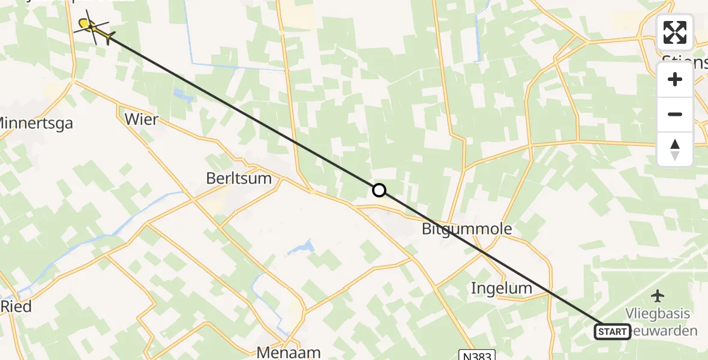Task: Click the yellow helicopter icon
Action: pos(93,28)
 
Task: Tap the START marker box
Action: pos(612,331)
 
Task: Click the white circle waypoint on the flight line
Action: pos(379,190)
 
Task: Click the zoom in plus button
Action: pos(675,79)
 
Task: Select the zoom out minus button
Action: pos(675,114)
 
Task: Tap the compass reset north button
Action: pos(675,149)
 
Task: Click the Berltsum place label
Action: pos(239,178)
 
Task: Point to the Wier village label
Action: pos(142,119)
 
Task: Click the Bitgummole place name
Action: pos(467,229)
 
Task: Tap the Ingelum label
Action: pos(502,288)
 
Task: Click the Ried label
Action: pos(16,306)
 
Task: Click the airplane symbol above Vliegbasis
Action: pos(658,295)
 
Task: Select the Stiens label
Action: pos(685,60)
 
